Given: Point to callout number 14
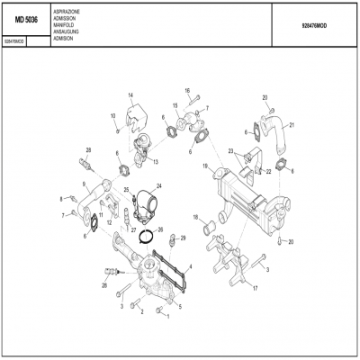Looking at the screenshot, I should tap(130, 95).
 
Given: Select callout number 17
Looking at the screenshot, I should tap(255, 289).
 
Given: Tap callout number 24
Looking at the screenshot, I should tap(158, 185).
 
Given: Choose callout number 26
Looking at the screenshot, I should tap(160, 229).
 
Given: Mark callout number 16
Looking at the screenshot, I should tap(188, 91).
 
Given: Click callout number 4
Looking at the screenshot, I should tap(190, 266).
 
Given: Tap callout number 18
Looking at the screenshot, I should tap(195, 217).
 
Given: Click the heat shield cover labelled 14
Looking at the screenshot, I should tap(135, 118).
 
